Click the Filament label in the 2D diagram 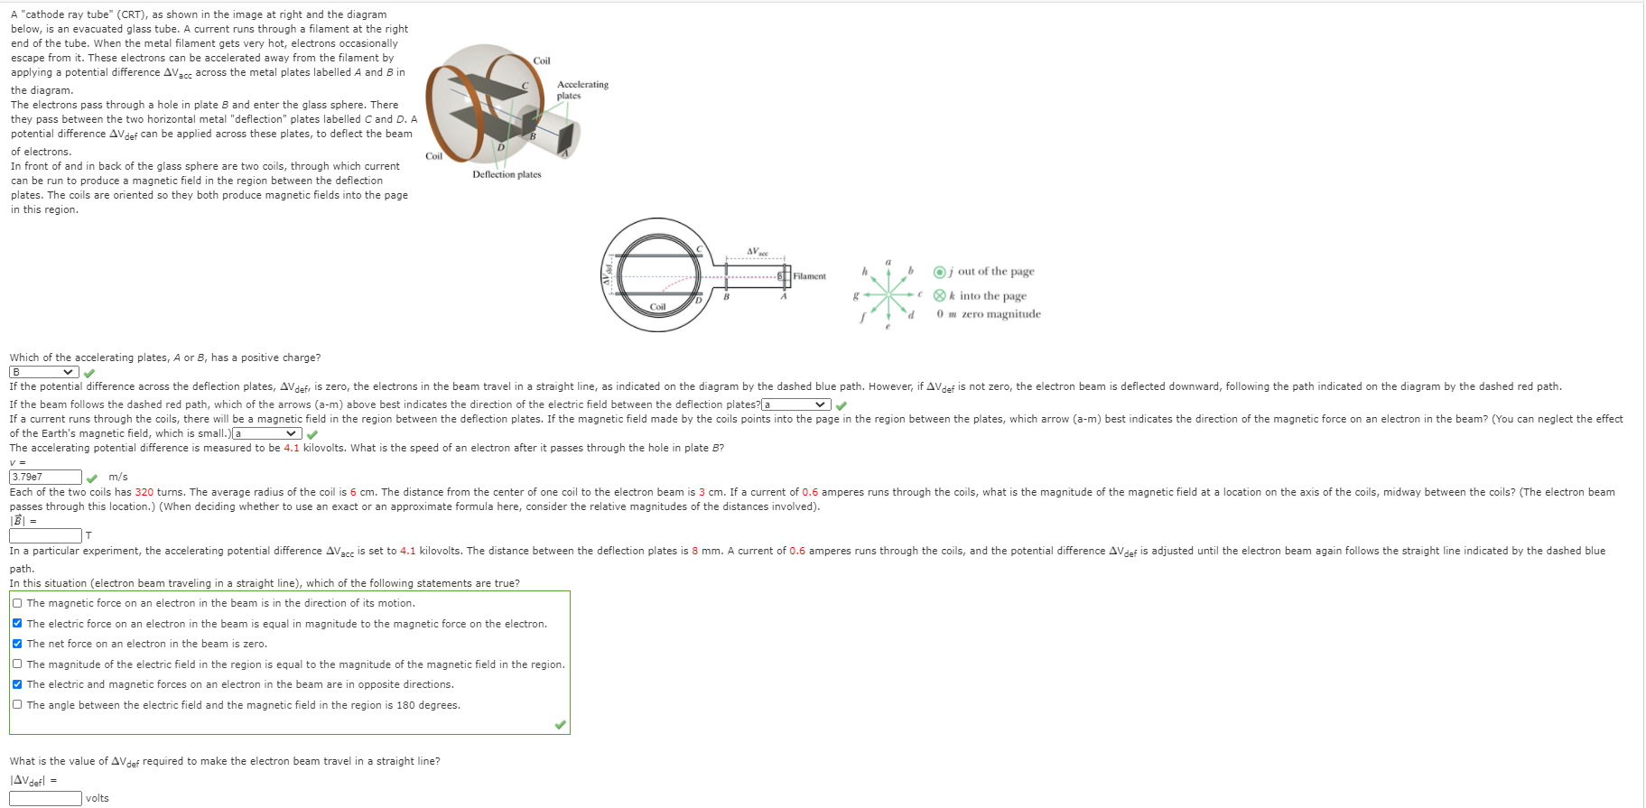[809, 276]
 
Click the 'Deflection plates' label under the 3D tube [507, 174]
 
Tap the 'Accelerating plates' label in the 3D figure [581, 89]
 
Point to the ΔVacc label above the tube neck [757, 252]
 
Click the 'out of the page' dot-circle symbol [940, 272]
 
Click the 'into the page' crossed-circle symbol [940, 296]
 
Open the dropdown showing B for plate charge [42, 372]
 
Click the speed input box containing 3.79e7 [45, 477]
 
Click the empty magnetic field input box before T [45, 535]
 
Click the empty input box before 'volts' [45, 798]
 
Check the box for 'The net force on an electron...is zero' [17, 644]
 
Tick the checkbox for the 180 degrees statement [17, 704]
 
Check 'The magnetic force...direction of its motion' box [17, 603]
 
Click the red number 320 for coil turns [144, 492]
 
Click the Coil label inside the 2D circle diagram [657, 307]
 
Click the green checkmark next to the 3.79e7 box [92, 478]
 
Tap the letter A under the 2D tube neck [784, 296]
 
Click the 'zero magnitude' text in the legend [1000, 314]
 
